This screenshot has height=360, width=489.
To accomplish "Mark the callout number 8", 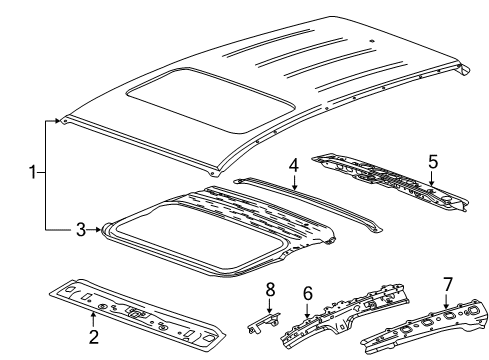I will pyautogui.click(x=268, y=290).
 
